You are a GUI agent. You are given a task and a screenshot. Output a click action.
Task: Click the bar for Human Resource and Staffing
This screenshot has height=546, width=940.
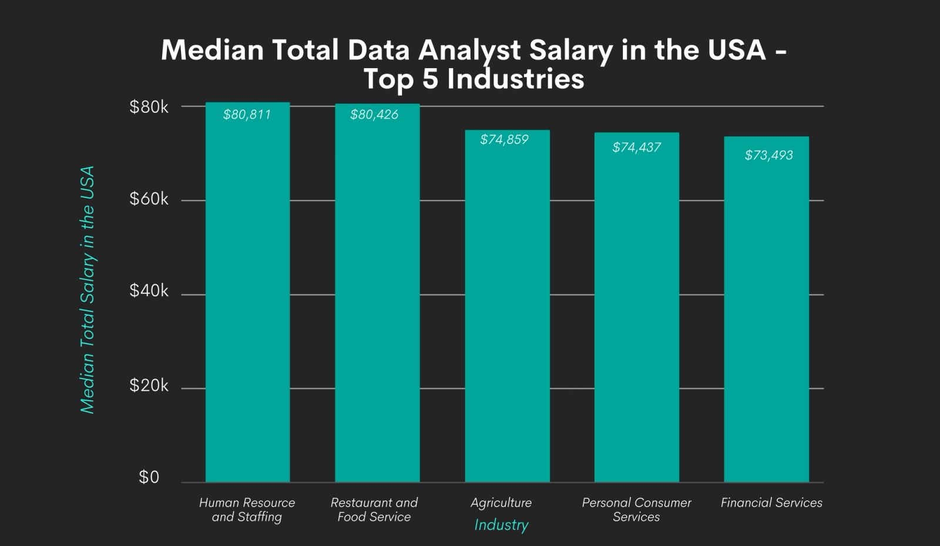(x=247, y=294)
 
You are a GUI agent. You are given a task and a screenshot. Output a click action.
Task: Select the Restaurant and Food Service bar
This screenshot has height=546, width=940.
(x=377, y=294)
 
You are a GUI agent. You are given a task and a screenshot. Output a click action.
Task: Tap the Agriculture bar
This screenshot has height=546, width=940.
(x=507, y=306)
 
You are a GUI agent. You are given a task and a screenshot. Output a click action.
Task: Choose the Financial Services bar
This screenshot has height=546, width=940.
(x=766, y=311)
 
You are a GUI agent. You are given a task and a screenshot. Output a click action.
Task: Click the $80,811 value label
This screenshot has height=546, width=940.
(x=247, y=115)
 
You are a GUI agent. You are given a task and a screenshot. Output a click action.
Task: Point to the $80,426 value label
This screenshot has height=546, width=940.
(x=374, y=115)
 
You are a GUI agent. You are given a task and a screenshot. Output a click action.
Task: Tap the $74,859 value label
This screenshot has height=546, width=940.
(x=504, y=140)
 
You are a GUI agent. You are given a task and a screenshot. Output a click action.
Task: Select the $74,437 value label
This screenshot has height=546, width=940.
(x=636, y=148)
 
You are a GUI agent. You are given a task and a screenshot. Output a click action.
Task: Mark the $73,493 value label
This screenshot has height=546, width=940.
(x=768, y=155)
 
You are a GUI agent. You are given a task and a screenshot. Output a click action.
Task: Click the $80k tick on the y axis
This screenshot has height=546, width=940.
(x=149, y=107)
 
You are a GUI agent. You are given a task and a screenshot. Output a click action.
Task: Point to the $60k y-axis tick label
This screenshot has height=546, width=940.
(x=149, y=199)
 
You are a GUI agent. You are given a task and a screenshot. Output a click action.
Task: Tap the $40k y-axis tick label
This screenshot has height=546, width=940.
(x=149, y=291)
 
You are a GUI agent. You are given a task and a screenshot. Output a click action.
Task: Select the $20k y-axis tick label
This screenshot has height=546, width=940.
(x=149, y=386)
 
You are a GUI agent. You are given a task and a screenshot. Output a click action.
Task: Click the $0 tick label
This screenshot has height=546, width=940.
(x=149, y=477)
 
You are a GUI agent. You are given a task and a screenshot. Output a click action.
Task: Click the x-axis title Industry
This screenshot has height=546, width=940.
(x=501, y=525)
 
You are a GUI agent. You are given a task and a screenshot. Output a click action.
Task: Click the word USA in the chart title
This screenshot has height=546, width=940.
(x=737, y=50)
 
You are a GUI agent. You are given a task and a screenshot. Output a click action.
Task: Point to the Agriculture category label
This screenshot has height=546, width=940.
(x=501, y=503)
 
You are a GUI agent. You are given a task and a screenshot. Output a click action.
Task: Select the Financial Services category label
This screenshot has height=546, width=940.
(x=771, y=503)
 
